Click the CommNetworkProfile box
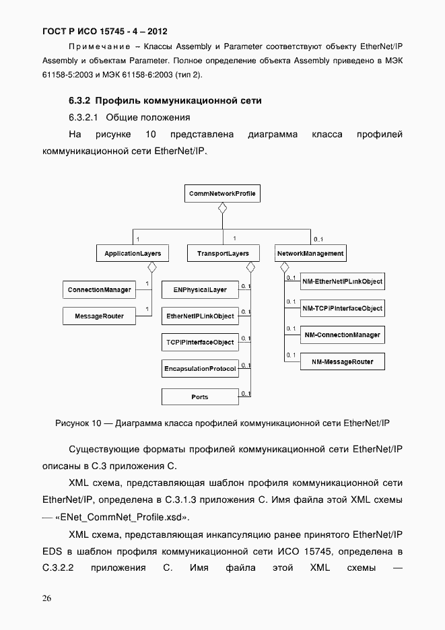pyautogui.click(x=222, y=194)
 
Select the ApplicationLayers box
pyautogui.click(x=132, y=254)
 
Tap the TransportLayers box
pyautogui.click(x=223, y=254)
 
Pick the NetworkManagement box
pyautogui.click(x=310, y=254)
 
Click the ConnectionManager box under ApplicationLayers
pyautogui.click(x=99, y=290)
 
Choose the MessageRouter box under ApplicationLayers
pyautogui.click(x=99, y=316)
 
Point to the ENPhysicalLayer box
pyautogui.click(x=200, y=290)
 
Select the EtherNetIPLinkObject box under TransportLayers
pyautogui.click(x=200, y=316)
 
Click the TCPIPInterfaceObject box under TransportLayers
pyautogui.click(x=200, y=342)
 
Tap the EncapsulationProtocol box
pyautogui.click(x=200, y=370)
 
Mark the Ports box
pyautogui.click(x=200, y=397)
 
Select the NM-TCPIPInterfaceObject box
pyautogui.click(x=342, y=308)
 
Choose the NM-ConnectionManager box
pyautogui.click(x=342, y=335)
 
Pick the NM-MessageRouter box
pyautogui.click(x=342, y=362)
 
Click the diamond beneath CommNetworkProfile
pyautogui.click(x=222, y=208)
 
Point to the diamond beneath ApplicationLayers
pyautogui.click(x=152, y=267)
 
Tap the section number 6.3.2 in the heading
pyautogui.click(x=79, y=100)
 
